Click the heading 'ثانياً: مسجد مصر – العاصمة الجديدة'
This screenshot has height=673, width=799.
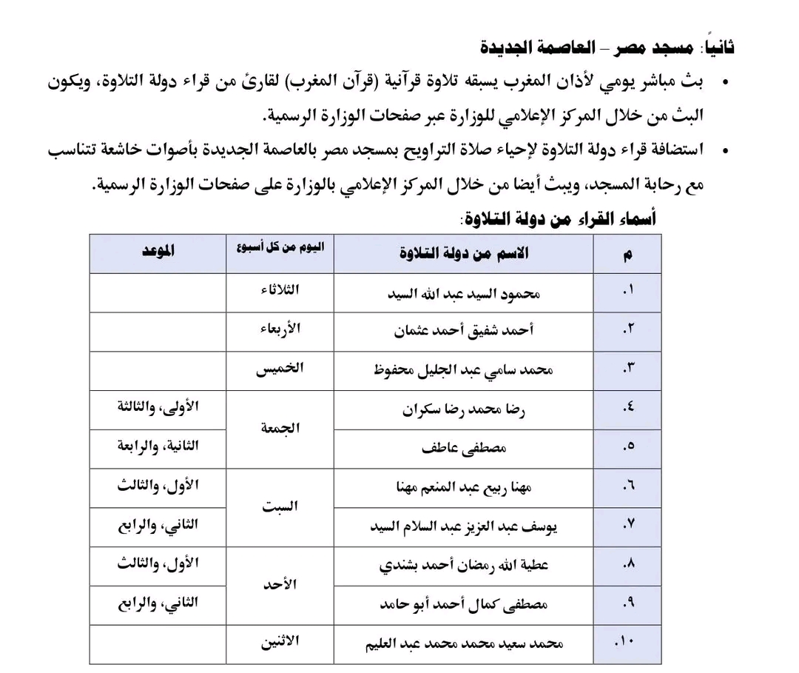point(607,48)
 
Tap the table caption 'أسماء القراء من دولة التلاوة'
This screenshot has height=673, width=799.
point(557,219)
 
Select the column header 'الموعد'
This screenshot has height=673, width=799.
point(158,252)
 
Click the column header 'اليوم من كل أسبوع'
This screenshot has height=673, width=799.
point(280,247)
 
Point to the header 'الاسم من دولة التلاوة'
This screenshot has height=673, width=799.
point(463,253)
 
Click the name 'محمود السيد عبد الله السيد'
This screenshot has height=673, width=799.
point(464,293)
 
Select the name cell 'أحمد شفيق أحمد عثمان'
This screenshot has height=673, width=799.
point(464,332)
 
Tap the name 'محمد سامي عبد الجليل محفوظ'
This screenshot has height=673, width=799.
point(464,369)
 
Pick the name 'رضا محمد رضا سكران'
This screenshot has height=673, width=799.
point(464,409)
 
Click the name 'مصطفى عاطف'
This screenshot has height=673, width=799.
point(464,448)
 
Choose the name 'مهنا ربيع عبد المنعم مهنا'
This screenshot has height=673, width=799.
point(464,487)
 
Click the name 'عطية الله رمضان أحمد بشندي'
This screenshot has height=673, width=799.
point(464,566)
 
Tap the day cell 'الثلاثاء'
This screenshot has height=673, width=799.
point(280,289)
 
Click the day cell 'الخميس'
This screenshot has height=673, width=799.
point(280,369)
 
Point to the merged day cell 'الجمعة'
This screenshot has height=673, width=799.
point(280,428)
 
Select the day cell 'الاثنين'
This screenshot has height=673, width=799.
point(280,641)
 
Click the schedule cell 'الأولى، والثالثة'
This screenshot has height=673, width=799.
point(158,406)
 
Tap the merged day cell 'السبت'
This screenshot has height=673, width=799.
point(280,507)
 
